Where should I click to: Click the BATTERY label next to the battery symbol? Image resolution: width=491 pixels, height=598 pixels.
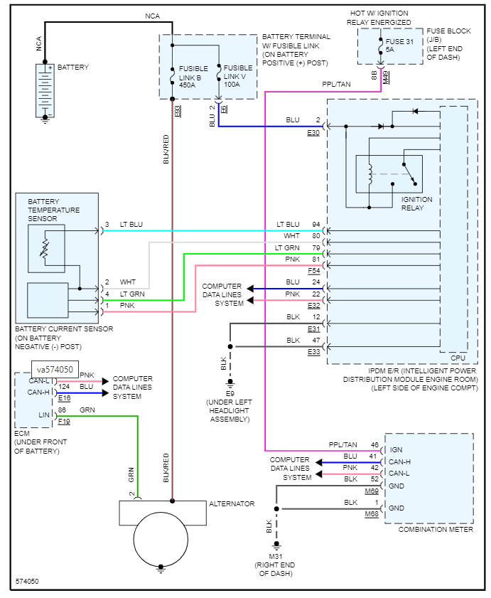[73, 68]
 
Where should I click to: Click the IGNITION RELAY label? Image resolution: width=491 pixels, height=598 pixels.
[416, 203]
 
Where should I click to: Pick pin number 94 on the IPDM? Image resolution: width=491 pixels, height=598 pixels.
[316, 225]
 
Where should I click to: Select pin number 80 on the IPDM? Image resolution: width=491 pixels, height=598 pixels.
[316, 235]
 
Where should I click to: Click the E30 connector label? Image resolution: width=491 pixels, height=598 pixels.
[313, 132]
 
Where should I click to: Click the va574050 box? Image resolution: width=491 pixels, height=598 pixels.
[55, 370]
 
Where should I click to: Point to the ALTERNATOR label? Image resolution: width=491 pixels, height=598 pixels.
[232, 504]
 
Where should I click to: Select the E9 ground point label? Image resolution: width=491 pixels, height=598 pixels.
[230, 393]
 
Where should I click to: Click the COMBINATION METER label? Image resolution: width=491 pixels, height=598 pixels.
[436, 529]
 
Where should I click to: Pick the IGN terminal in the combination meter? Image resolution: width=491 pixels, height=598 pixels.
[396, 449]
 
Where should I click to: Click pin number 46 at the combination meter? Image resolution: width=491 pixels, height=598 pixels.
[374, 445]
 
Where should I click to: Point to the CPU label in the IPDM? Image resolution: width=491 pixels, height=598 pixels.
[458, 358]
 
